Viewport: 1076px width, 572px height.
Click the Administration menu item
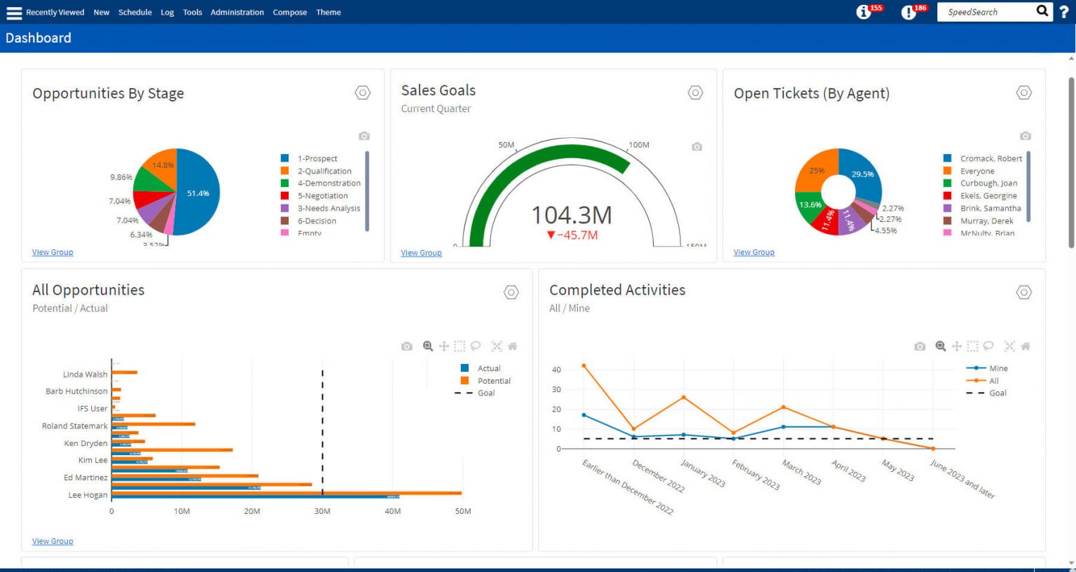click(237, 12)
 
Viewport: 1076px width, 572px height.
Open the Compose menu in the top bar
click(289, 12)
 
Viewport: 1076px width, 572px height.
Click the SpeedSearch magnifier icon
click(1042, 11)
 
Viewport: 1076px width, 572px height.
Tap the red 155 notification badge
click(876, 8)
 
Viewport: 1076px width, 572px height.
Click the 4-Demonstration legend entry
click(329, 183)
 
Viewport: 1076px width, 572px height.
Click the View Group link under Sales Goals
click(421, 253)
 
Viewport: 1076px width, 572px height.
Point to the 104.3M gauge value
click(571, 215)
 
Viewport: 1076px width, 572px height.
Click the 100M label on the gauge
click(638, 145)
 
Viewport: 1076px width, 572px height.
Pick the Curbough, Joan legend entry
click(988, 183)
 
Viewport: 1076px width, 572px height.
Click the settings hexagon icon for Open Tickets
click(1023, 92)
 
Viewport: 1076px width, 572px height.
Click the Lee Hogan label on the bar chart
click(88, 495)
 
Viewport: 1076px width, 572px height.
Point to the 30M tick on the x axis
click(322, 511)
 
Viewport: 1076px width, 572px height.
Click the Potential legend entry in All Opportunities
click(493, 381)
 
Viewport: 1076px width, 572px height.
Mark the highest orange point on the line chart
click(584, 365)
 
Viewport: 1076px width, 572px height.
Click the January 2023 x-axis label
click(703, 473)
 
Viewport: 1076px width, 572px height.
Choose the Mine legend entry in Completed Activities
click(998, 368)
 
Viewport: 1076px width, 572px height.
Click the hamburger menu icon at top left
click(13, 13)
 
